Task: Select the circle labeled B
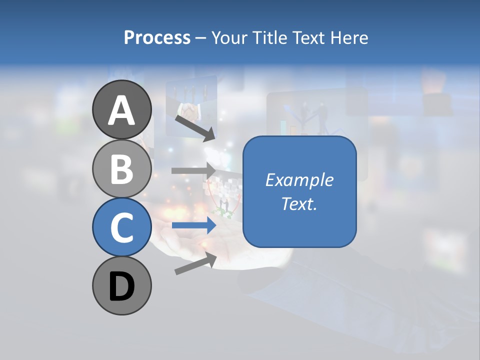point(122,168)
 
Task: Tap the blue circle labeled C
point(122,227)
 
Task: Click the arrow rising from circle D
point(195,263)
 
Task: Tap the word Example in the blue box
point(299,180)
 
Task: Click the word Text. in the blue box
point(299,203)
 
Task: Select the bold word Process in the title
point(157,37)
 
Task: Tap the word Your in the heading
point(229,37)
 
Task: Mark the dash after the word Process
point(201,38)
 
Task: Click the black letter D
point(122,287)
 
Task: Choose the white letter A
point(122,111)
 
